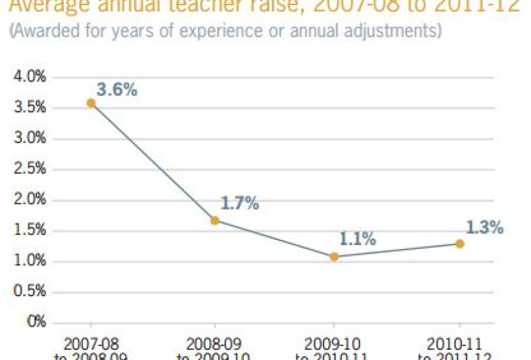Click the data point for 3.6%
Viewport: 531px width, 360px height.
pyautogui.click(x=91, y=103)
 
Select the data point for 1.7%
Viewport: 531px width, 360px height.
pyautogui.click(x=215, y=220)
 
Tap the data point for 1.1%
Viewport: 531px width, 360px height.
pyautogui.click(x=334, y=256)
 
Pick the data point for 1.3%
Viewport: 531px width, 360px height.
pyautogui.click(x=460, y=244)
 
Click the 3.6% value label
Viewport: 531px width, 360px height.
pyautogui.click(x=116, y=90)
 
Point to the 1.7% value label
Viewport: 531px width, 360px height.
pyautogui.click(x=240, y=203)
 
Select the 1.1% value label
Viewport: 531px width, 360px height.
pyautogui.click(x=358, y=239)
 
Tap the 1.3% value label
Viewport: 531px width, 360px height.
pyautogui.click(x=485, y=227)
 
